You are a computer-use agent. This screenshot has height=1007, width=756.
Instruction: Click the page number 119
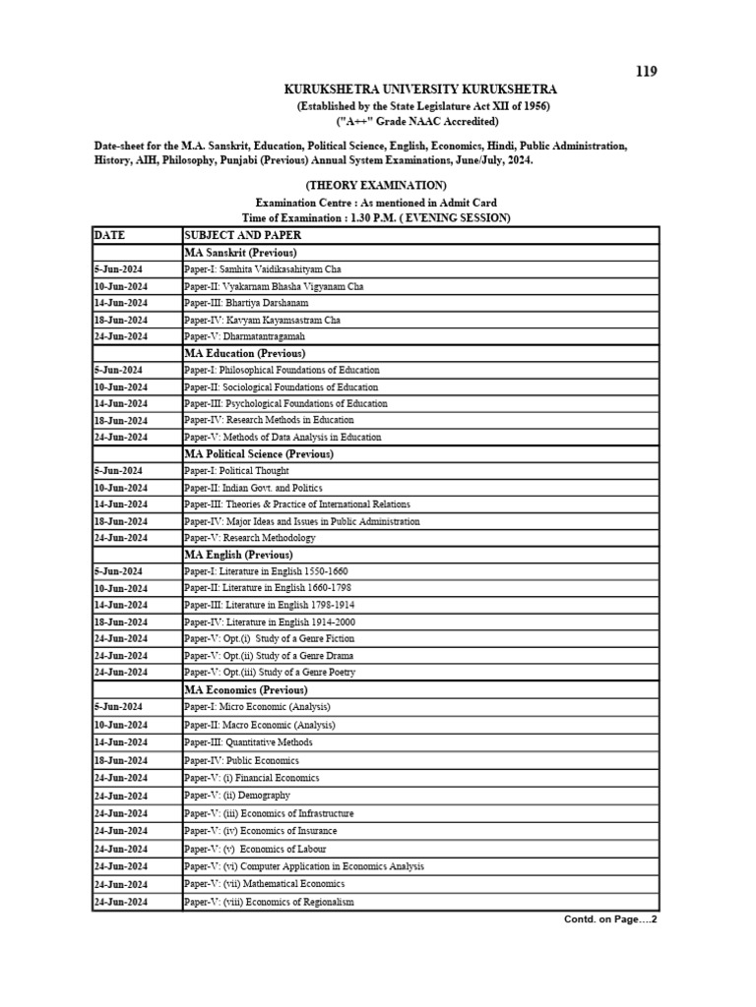(646, 71)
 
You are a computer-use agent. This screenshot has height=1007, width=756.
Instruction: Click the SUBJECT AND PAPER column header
(242, 235)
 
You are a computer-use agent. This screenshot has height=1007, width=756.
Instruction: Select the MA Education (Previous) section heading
(244, 353)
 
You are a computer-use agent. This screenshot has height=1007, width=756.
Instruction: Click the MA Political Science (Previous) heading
(259, 454)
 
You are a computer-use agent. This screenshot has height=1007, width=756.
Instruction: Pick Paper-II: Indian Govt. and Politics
(252, 488)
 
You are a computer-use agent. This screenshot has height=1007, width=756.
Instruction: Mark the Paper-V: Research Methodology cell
(249, 538)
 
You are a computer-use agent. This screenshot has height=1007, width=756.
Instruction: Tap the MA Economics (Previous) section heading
(246, 690)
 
